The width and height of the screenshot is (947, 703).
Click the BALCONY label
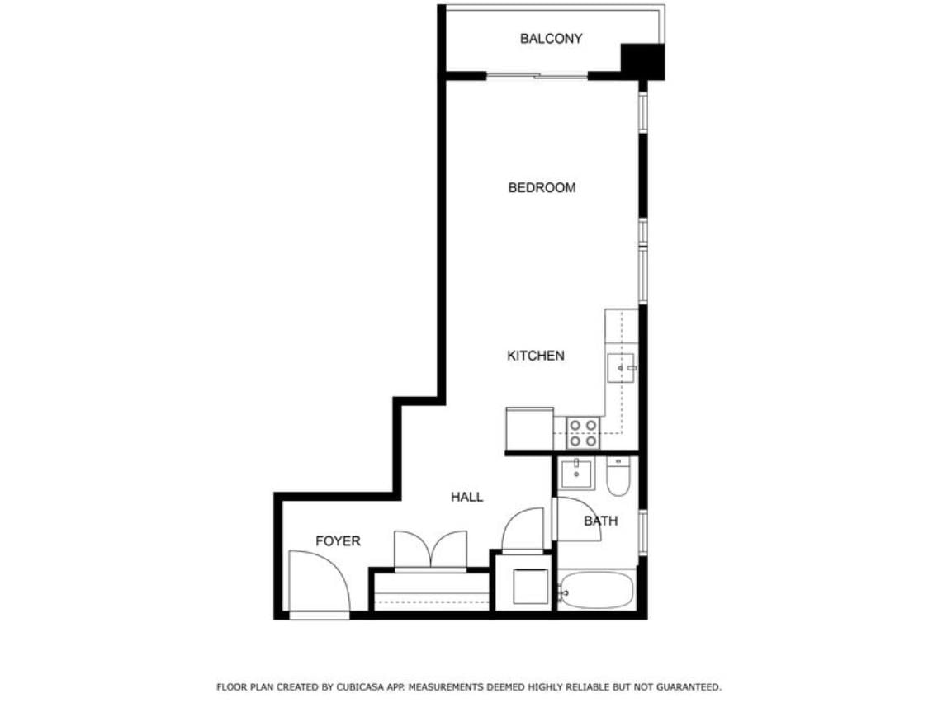coord(551,39)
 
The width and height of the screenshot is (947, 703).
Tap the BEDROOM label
coord(542,188)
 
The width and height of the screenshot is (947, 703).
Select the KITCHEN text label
coord(535,356)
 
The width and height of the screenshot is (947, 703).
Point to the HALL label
coord(466,497)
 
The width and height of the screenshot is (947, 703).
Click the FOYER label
coord(338,541)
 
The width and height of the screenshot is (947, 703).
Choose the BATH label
coord(600,521)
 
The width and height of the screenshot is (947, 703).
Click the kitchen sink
coord(621,367)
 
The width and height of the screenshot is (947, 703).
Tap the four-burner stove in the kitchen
coord(583,433)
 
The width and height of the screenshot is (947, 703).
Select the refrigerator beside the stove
coord(529,429)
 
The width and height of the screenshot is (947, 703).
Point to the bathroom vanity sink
coord(576,474)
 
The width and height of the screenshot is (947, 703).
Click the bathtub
coord(596,591)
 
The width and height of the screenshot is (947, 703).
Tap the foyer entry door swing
coord(320,582)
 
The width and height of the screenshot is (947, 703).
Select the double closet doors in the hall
coord(430,550)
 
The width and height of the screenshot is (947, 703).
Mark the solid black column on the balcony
coord(642,61)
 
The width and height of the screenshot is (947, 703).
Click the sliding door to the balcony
coord(537,77)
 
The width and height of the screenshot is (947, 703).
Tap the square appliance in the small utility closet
coord(530,587)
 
